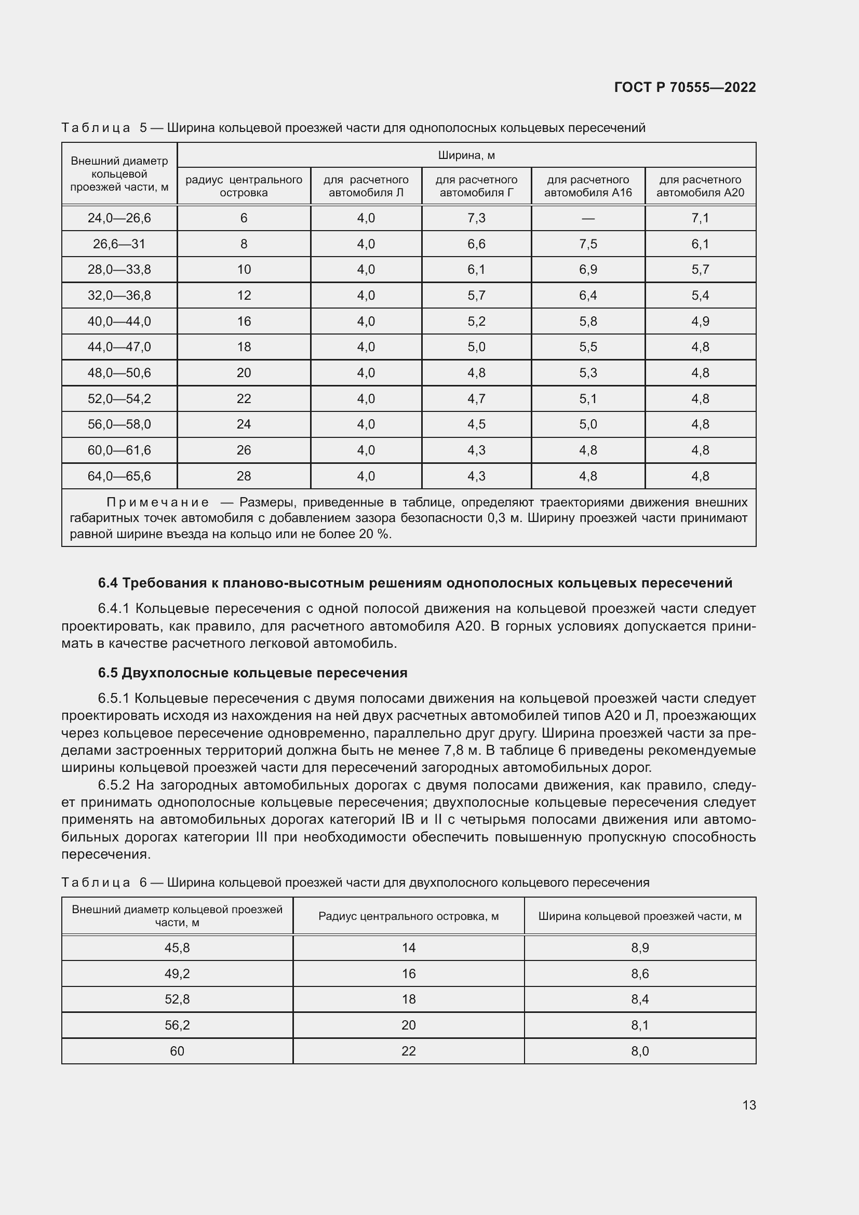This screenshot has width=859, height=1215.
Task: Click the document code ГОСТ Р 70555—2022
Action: (x=685, y=87)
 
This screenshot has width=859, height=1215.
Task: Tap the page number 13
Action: (x=749, y=1105)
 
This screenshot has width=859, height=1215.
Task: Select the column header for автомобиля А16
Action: (x=588, y=186)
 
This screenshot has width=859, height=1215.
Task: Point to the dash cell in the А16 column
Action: (x=588, y=218)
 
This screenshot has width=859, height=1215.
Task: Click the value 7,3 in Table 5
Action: (x=476, y=218)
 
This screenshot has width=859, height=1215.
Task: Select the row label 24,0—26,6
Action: (x=119, y=218)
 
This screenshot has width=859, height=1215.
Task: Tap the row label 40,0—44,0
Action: (x=119, y=321)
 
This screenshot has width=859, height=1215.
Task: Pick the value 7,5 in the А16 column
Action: (x=588, y=244)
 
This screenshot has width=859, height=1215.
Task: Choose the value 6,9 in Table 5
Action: (x=588, y=270)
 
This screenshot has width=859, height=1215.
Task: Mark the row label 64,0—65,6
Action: (x=119, y=476)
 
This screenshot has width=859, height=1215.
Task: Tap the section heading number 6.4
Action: (x=108, y=583)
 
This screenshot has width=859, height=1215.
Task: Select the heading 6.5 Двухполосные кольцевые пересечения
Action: (x=252, y=673)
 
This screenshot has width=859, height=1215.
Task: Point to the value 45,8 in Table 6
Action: (x=177, y=948)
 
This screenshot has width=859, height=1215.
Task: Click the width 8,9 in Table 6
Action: (x=639, y=948)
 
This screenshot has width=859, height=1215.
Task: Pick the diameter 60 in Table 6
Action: (x=177, y=1051)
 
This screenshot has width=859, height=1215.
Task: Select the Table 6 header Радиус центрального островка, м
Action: (x=408, y=916)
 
